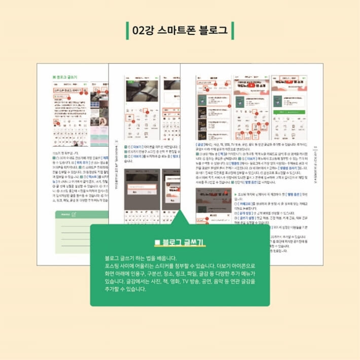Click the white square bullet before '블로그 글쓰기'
pyautogui.click(x=157, y=243)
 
